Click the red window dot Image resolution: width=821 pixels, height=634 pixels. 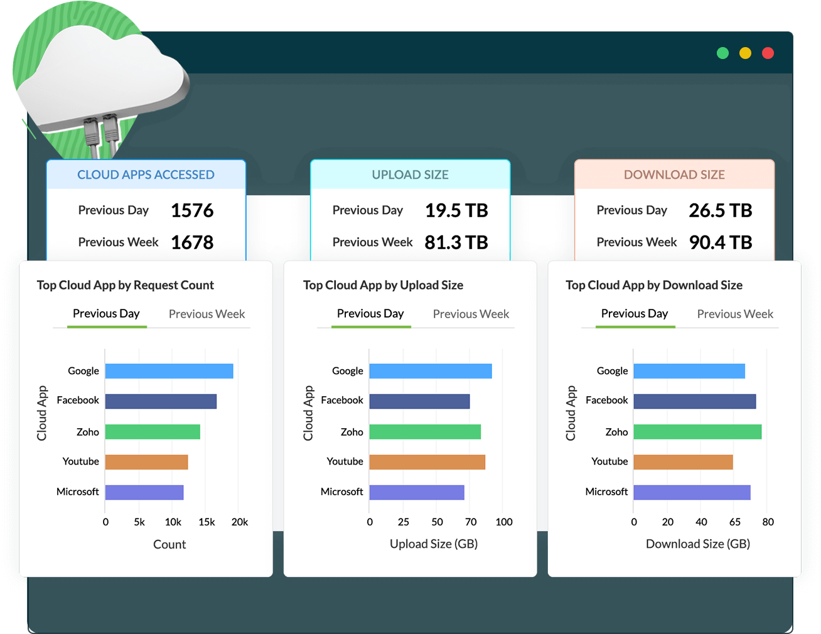(768, 53)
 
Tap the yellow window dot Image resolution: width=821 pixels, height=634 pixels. (745, 53)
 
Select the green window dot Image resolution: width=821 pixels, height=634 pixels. (722, 53)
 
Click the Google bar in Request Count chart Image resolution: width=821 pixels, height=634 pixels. (169, 371)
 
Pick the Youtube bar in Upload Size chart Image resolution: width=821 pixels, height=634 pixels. (427, 462)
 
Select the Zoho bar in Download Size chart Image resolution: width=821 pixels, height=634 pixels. (697, 432)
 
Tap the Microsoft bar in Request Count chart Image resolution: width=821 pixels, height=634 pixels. (144, 492)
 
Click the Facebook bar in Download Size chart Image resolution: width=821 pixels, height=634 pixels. (694, 401)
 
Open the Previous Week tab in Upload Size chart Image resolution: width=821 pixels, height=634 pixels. (471, 314)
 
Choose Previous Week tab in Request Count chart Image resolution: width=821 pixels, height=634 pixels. (207, 314)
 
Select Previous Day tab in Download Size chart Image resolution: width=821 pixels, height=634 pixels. (635, 313)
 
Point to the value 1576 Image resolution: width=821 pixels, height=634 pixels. (192, 210)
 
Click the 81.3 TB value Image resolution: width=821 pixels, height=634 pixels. (456, 242)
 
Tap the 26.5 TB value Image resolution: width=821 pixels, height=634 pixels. (721, 210)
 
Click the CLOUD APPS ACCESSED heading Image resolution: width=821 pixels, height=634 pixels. (146, 175)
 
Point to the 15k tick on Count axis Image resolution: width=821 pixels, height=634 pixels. (207, 522)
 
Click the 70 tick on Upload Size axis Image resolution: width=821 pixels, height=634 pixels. (471, 522)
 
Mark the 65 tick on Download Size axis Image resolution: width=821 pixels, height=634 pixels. (735, 522)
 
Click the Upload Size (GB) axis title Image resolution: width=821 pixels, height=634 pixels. (434, 544)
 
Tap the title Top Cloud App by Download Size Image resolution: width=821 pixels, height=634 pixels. (654, 285)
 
